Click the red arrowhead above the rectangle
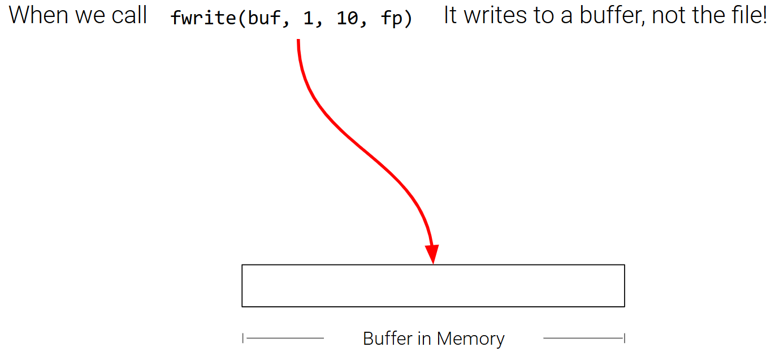click(x=432, y=254)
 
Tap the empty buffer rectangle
click(x=433, y=285)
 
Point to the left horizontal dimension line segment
click(x=284, y=339)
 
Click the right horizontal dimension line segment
click(x=583, y=339)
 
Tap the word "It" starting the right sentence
click(x=450, y=16)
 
